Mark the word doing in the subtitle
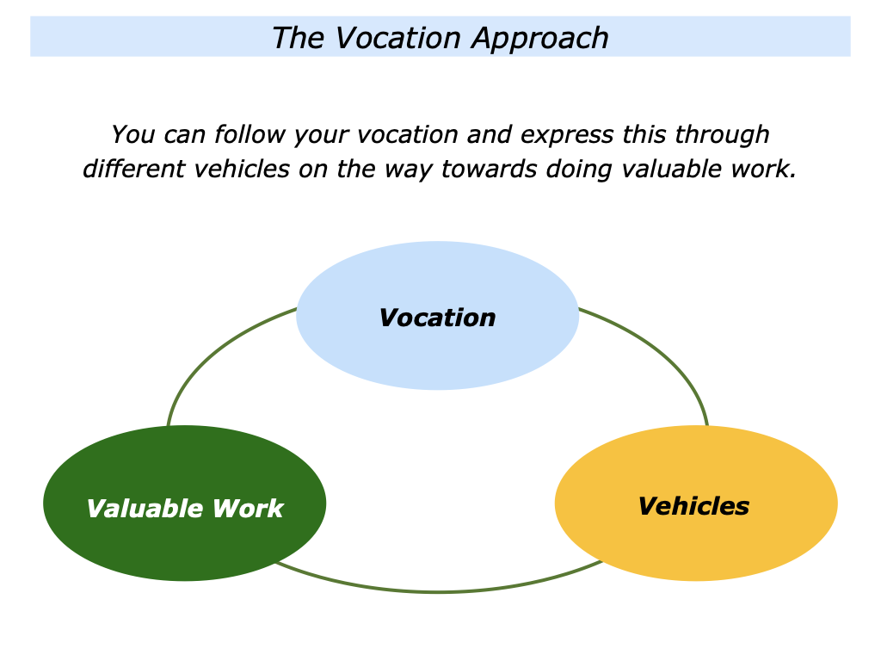(574, 170)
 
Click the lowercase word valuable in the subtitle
(668, 170)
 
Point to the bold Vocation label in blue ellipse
(437, 318)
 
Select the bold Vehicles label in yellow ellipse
(693, 506)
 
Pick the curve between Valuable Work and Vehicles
(437, 591)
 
